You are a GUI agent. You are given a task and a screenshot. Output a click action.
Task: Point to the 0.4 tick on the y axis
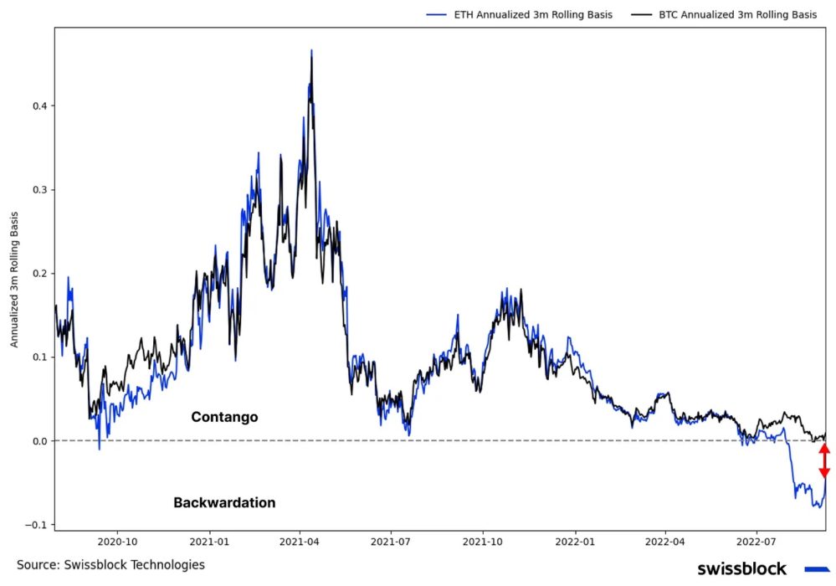pos(38,106)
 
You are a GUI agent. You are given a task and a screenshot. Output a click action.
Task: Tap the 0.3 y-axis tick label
pos(38,190)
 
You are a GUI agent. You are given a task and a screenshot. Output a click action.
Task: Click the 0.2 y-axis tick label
pos(38,274)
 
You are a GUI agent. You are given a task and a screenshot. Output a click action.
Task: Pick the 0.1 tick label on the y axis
pos(38,357)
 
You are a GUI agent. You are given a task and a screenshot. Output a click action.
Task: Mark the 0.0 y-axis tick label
pos(38,441)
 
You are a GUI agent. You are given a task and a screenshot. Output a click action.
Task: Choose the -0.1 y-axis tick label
pos(37,525)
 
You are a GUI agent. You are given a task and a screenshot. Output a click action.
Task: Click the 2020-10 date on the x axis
pos(116,542)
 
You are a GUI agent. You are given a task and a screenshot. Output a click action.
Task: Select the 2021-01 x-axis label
pos(208,542)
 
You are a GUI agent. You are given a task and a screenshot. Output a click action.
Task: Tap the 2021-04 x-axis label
pos(300,542)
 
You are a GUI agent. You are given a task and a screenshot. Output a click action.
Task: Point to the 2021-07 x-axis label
pos(391,542)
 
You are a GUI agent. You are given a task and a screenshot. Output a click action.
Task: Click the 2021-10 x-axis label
pos(483,542)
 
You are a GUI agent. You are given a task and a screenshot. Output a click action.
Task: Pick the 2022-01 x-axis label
pos(576,542)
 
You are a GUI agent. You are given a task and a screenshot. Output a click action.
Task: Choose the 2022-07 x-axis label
pos(757,542)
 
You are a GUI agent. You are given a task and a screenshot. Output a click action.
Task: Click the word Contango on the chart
pos(224,417)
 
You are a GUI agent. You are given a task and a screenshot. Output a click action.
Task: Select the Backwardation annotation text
pos(224,503)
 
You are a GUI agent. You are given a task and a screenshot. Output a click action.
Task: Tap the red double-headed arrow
pos(824,461)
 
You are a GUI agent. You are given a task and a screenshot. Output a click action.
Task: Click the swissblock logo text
pos(741,569)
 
